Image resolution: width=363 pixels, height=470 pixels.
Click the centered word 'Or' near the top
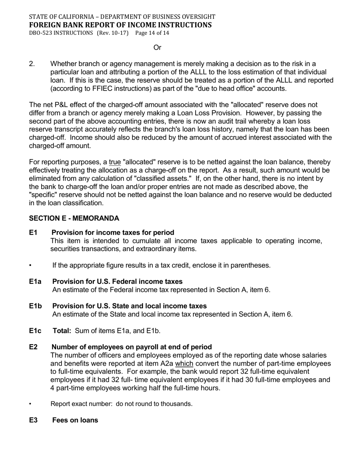pos(157,47)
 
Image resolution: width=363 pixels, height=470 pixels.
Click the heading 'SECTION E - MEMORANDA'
pos(74,218)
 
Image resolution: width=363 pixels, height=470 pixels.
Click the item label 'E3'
pos(33,420)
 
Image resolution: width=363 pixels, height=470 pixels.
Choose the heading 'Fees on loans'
pos(75,420)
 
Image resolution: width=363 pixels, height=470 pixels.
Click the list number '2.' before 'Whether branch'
pos(32,64)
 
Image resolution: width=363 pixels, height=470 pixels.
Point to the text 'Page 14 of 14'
pos(152,33)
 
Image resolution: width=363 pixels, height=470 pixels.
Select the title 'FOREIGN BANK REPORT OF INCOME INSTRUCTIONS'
pos(120,25)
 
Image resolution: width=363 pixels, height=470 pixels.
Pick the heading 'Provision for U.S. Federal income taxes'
pos(117,282)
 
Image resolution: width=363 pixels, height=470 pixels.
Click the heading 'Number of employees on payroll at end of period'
pos(131,347)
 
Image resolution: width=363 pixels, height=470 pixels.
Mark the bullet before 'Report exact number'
pos(31,404)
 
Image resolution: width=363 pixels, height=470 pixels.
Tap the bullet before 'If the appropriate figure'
pos(31,265)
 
